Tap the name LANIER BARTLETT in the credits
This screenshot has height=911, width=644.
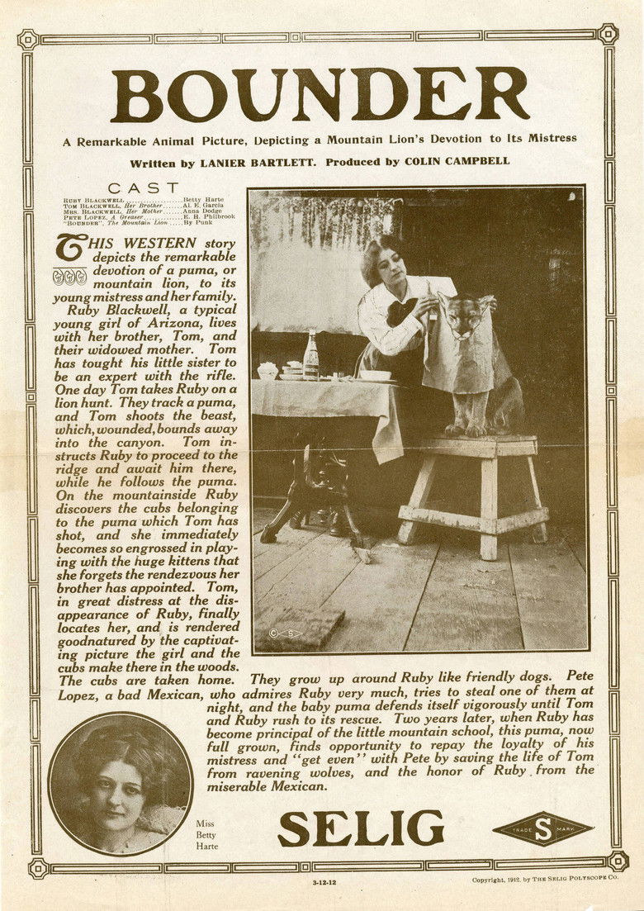(257, 163)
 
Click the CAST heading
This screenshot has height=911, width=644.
(143, 188)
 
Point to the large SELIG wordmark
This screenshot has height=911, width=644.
(360, 828)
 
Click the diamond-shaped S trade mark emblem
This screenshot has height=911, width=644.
(542, 829)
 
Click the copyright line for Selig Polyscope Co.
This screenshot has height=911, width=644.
(544, 880)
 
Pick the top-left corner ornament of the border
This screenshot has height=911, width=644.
(28, 37)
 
